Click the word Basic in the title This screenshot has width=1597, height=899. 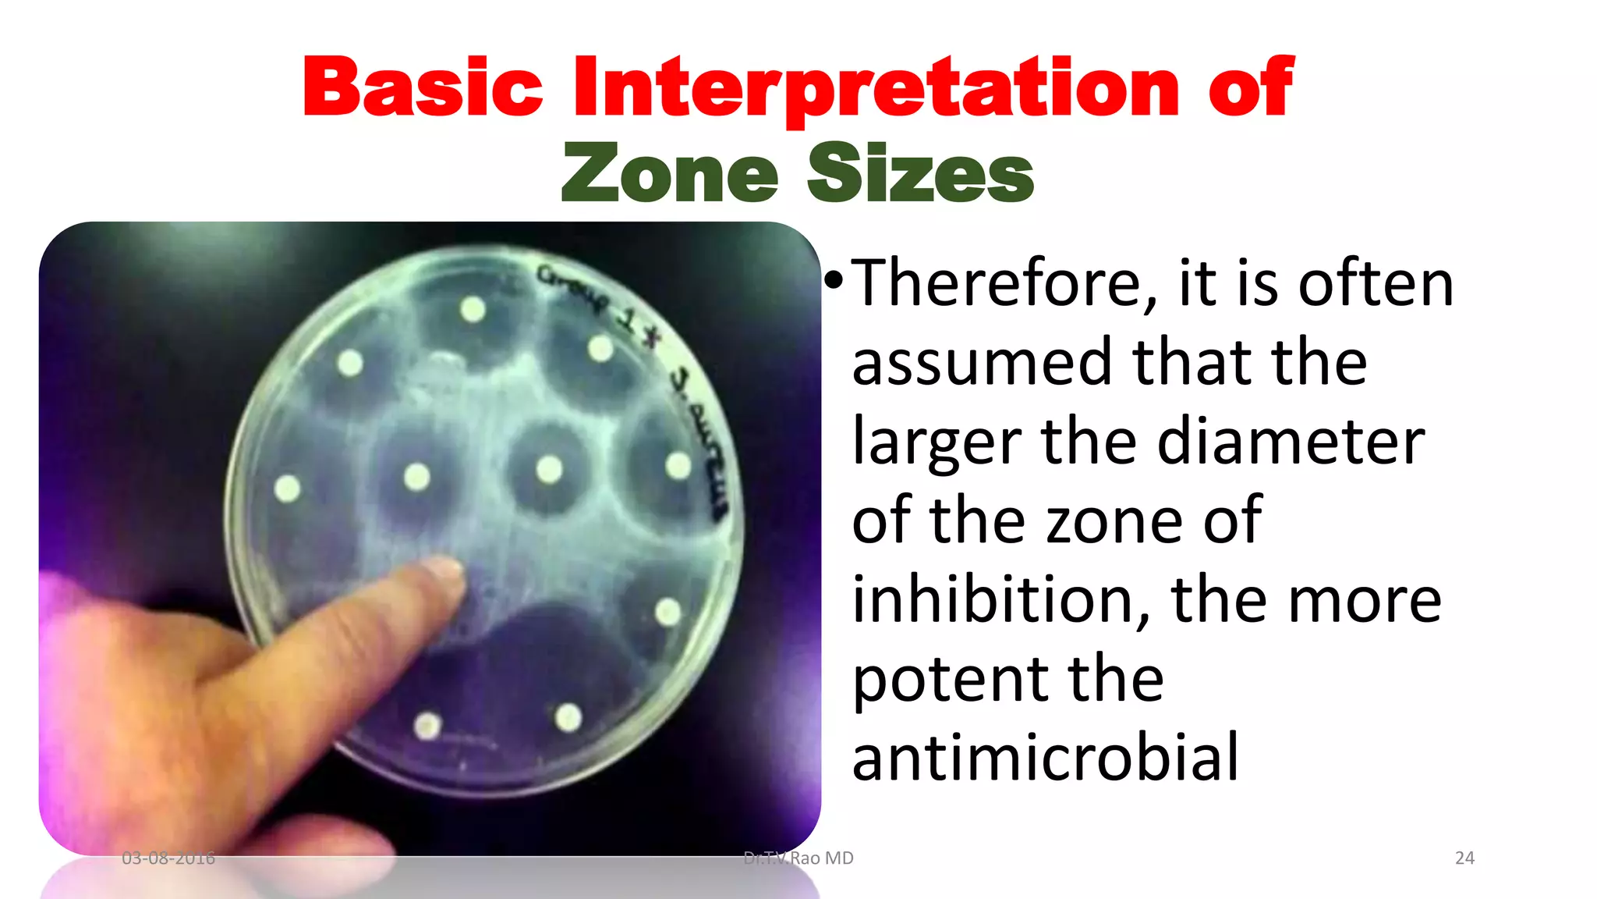422,87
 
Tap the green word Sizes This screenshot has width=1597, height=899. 920,173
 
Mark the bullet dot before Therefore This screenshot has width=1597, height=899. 834,279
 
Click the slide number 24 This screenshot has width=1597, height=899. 1464,858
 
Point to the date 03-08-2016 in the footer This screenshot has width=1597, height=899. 168,858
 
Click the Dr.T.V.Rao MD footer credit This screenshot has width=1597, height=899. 798,858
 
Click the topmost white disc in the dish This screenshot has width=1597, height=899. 473,310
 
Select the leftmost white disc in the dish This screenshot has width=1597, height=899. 288,489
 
